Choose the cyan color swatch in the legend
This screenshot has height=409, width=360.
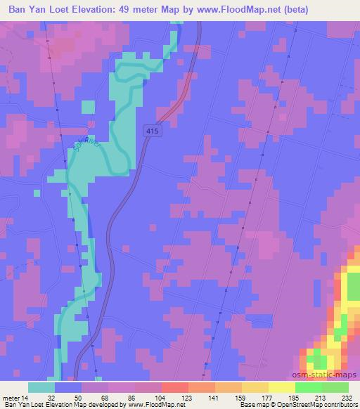pos(41,387)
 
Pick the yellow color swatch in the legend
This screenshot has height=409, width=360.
pos(282,387)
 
